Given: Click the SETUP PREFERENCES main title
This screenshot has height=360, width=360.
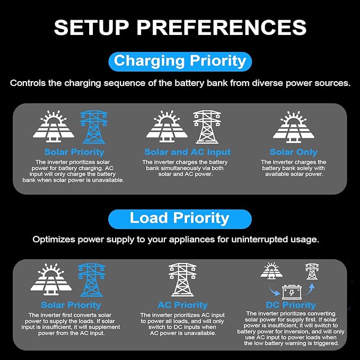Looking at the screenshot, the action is click(180, 28).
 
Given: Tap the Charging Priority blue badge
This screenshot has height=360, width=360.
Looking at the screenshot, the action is click(180, 62).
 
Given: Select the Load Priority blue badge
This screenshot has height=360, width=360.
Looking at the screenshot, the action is click(180, 219).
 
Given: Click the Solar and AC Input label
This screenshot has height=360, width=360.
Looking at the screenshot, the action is click(188, 152).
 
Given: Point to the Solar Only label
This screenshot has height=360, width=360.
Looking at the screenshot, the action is click(293, 152).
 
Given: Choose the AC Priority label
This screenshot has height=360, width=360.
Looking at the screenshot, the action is click(182, 305).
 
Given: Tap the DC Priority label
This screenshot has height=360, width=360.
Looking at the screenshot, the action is click(291, 305).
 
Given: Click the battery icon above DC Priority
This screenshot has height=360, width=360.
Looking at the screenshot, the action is click(292, 292).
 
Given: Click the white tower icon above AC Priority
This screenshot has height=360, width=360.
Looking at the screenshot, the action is click(182, 279).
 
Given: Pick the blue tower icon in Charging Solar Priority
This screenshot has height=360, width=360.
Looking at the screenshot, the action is click(94, 127).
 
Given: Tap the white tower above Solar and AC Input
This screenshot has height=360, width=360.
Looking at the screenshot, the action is click(207, 127).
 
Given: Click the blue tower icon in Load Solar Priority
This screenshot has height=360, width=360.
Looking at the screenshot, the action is click(91, 280).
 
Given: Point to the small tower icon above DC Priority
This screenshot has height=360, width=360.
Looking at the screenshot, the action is click(312, 271).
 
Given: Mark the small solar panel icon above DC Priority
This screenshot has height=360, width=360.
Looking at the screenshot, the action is click(271, 271).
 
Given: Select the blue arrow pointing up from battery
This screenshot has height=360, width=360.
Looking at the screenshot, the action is click(310, 289).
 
